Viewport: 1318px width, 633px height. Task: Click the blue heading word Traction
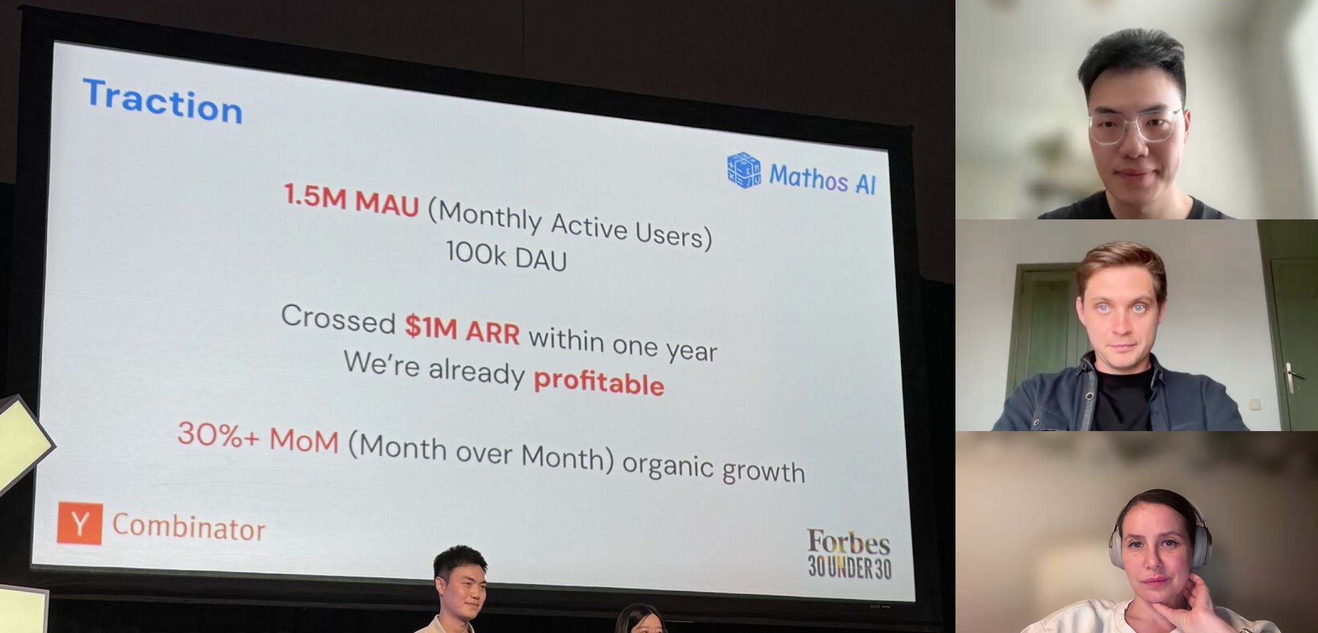163,101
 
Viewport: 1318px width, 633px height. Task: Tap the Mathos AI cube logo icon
744,170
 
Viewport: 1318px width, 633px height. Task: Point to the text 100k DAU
506,256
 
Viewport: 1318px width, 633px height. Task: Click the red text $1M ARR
462,329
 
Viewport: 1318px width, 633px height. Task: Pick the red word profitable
598,381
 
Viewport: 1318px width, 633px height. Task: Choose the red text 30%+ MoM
258,437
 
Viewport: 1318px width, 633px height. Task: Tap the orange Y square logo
80,523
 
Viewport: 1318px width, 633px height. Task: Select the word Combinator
189,527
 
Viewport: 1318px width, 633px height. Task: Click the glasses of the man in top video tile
1135,126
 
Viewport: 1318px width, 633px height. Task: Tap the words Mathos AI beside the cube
822,178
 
